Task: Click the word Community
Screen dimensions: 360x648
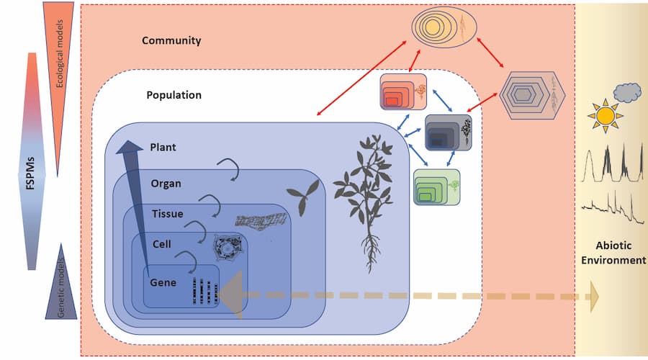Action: pyautogui.click(x=171, y=41)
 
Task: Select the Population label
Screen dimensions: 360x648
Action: pyautogui.click(x=174, y=95)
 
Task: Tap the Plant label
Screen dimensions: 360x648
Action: pyautogui.click(x=163, y=147)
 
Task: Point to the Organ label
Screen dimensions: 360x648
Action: pyautogui.click(x=166, y=183)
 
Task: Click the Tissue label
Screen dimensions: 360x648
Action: pyautogui.click(x=167, y=214)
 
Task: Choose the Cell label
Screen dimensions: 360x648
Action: pyautogui.click(x=161, y=245)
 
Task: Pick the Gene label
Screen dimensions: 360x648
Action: pyautogui.click(x=163, y=282)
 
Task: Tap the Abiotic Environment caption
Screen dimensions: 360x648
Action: pyautogui.click(x=613, y=251)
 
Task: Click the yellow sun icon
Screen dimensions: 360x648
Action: pyautogui.click(x=604, y=115)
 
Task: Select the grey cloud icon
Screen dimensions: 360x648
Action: pyautogui.click(x=626, y=91)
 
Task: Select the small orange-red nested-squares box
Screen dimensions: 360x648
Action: pyautogui.click(x=404, y=92)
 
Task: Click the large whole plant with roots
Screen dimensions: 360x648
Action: pyautogui.click(x=371, y=194)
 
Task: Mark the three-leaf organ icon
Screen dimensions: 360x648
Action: pyautogui.click(x=301, y=191)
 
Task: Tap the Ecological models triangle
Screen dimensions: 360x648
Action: pyautogui.click(x=60, y=50)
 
